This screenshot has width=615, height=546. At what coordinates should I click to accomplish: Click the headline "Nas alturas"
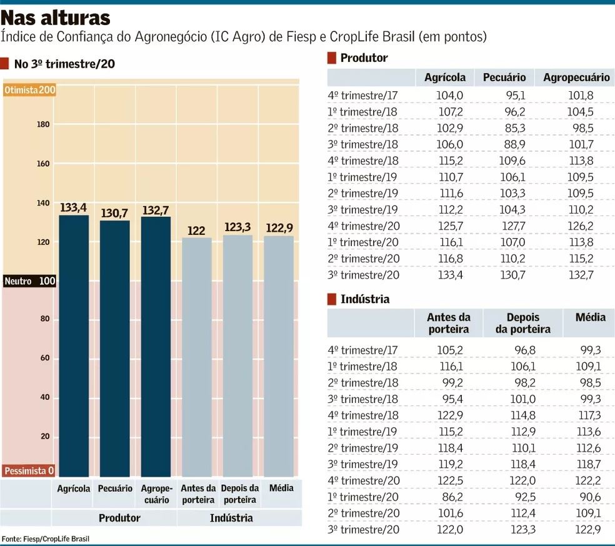coord(56,17)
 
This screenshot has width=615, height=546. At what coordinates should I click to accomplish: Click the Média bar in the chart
coord(279,356)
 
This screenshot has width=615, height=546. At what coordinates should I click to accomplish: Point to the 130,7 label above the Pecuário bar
coord(115,212)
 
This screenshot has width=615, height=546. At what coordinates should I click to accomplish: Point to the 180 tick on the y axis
coord(43,125)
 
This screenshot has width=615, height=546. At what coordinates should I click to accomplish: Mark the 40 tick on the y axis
coord(43,398)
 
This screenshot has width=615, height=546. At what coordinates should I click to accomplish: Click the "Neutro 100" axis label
coord(29,282)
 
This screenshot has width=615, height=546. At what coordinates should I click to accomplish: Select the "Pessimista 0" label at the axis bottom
coord(29,471)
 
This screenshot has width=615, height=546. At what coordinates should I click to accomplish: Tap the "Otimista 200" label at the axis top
coord(29,90)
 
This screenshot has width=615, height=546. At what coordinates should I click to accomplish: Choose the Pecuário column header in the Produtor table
coord(504,77)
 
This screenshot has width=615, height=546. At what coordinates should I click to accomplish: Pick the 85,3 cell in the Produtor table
coord(513,128)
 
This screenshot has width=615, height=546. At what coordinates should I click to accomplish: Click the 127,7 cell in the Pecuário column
coord(513,226)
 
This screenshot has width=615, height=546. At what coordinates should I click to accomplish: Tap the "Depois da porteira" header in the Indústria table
coord(522,323)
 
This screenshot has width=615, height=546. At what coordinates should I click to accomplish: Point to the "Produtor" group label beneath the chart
coord(119,518)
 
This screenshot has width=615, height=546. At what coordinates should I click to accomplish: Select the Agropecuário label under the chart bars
coord(156,494)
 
